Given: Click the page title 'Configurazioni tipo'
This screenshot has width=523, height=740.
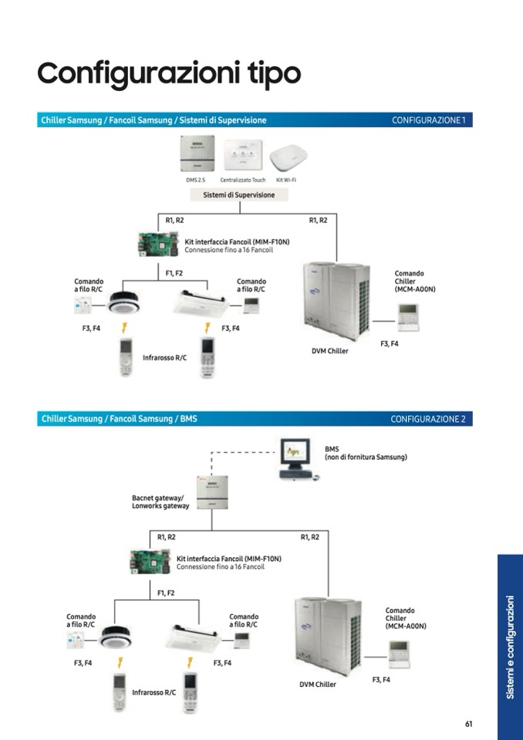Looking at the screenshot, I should pyautogui.click(x=168, y=73).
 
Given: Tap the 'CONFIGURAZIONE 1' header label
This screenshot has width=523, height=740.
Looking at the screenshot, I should pyautogui.click(x=429, y=120).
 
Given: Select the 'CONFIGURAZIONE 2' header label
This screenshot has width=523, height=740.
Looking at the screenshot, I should pyautogui.click(x=428, y=419).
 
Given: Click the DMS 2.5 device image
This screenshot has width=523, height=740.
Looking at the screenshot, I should pyautogui.click(x=195, y=154).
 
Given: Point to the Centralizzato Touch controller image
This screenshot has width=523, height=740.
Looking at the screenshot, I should pyautogui.click(x=242, y=155).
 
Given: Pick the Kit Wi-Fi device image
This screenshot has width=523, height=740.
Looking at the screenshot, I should pyautogui.click(x=286, y=157).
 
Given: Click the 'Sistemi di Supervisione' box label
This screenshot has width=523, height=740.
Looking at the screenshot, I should pyautogui.click(x=238, y=195).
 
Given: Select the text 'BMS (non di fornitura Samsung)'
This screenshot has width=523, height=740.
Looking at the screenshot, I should pyautogui.click(x=366, y=453).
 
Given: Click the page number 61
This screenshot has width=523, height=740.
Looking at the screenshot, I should pyautogui.click(x=468, y=723).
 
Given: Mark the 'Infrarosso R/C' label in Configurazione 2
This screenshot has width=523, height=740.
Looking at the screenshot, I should pyautogui.click(x=154, y=692).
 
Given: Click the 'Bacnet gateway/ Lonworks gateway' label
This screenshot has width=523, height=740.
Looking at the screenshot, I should pyautogui.click(x=160, y=502).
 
